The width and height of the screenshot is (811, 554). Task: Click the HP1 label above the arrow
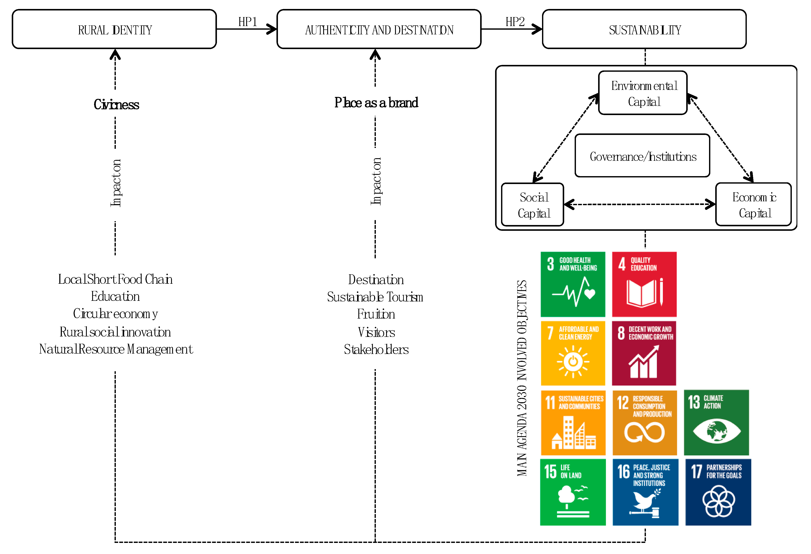(x=247, y=22)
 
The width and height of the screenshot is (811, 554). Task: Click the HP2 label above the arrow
(x=515, y=22)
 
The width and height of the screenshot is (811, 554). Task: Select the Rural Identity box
(x=115, y=29)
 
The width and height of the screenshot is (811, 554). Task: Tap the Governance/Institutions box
(x=642, y=156)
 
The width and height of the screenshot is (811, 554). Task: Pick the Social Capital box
(x=532, y=205)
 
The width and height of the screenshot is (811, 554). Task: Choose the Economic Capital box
(x=753, y=205)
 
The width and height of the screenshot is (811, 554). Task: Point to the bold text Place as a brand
(x=376, y=102)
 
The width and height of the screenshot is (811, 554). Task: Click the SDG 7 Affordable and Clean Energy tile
(x=573, y=353)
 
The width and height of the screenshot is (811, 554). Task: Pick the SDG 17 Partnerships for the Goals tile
(x=718, y=492)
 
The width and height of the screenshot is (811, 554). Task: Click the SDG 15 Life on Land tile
(x=573, y=492)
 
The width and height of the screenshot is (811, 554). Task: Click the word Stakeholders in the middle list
(x=376, y=349)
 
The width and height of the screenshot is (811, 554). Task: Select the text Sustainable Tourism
(x=375, y=297)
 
